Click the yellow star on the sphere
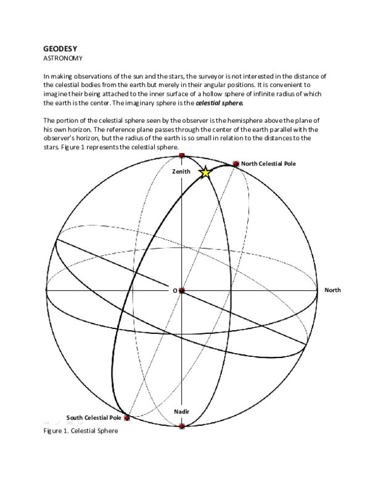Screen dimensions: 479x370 pos(205,173)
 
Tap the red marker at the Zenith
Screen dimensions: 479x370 pos(181,156)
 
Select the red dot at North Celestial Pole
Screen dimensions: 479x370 pos(236,164)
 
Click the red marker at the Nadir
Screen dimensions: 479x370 pos(182,426)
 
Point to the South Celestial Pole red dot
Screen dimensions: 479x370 pos(127,418)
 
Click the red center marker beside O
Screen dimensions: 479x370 pos(182,290)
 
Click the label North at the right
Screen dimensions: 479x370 pos(332,289)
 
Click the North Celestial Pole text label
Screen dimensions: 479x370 pos(269,164)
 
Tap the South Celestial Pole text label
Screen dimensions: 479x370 pos(93,417)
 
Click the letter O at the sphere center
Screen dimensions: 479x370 pos(175,290)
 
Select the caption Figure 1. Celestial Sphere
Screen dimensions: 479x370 pos(80,431)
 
